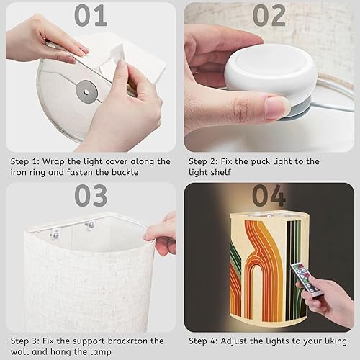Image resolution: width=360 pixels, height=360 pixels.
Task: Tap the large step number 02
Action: point(269,15)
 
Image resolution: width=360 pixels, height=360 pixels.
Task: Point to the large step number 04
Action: point(269,195)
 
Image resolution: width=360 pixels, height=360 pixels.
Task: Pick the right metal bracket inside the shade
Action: point(89,227)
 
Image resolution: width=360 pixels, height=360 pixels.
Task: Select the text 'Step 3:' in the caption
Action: point(25,341)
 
